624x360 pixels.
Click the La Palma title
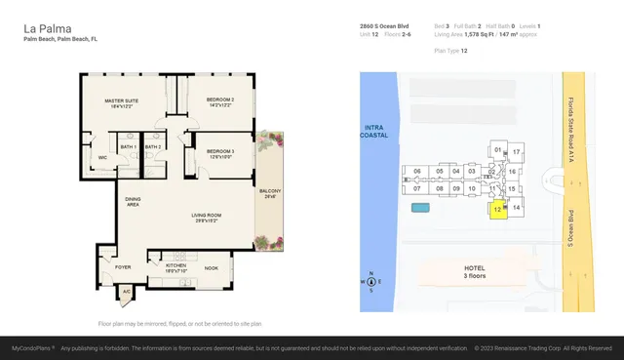(x=44, y=29)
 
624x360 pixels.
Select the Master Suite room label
(x=122, y=101)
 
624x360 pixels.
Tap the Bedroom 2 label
(x=220, y=101)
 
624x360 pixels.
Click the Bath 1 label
(x=128, y=146)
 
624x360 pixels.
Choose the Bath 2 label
(x=152, y=146)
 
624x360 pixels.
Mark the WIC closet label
(x=102, y=157)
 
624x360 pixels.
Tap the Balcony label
(x=269, y=193)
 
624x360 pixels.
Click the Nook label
(x=212, y=267)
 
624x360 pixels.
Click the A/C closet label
(x=126, y=290)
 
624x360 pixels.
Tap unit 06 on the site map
(x=417, y=172)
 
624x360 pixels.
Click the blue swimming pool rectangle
(x=421, y=208)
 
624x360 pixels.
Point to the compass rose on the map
(x=370, y=282)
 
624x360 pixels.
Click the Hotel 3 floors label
(x=475, y=271)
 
